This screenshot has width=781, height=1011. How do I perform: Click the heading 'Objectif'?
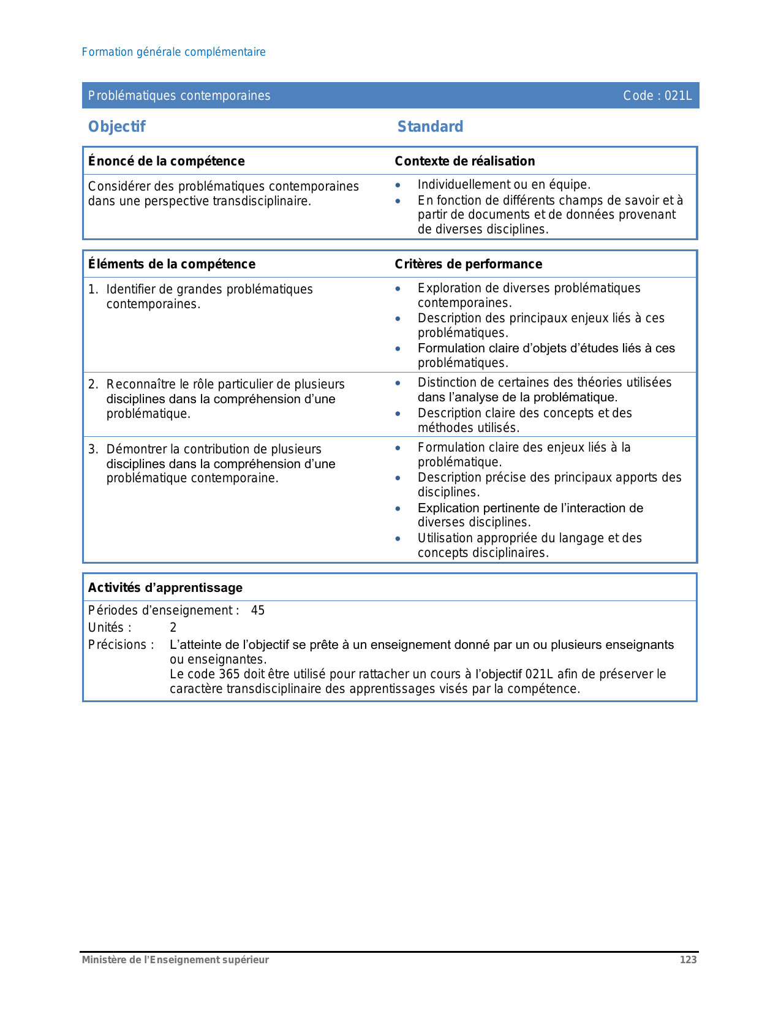[116, 127]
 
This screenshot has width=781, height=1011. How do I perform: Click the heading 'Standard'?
[430, 127]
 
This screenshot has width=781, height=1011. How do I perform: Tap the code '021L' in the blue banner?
[678, 96]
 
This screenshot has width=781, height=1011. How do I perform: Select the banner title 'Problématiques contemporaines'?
[179, 96]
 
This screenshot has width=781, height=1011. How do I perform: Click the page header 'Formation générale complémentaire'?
[173, 52]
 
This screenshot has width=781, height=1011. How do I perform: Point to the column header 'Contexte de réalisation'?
[464, 161]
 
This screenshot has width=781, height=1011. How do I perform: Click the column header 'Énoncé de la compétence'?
[166, 161]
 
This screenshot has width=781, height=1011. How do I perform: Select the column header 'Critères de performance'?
[468, 264]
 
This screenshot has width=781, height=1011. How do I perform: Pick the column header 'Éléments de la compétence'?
[172, 264]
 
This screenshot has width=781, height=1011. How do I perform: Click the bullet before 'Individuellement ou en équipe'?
[398, 185]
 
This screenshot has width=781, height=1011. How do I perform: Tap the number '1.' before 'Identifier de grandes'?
[93, 289]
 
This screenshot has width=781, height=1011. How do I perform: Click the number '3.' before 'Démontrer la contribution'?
[93, 449]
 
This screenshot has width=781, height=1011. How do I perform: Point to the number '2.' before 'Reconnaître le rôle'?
[93, 384]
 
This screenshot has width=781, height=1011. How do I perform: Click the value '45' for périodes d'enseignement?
[258, 610]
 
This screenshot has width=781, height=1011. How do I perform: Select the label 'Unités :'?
[110, 627]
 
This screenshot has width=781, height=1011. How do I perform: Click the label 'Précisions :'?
[121, 645]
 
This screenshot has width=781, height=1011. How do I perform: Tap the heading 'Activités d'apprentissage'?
[165, 588]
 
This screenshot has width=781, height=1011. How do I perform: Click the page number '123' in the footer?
[688, 960]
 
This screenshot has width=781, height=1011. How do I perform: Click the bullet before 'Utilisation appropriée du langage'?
[398, 539]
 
